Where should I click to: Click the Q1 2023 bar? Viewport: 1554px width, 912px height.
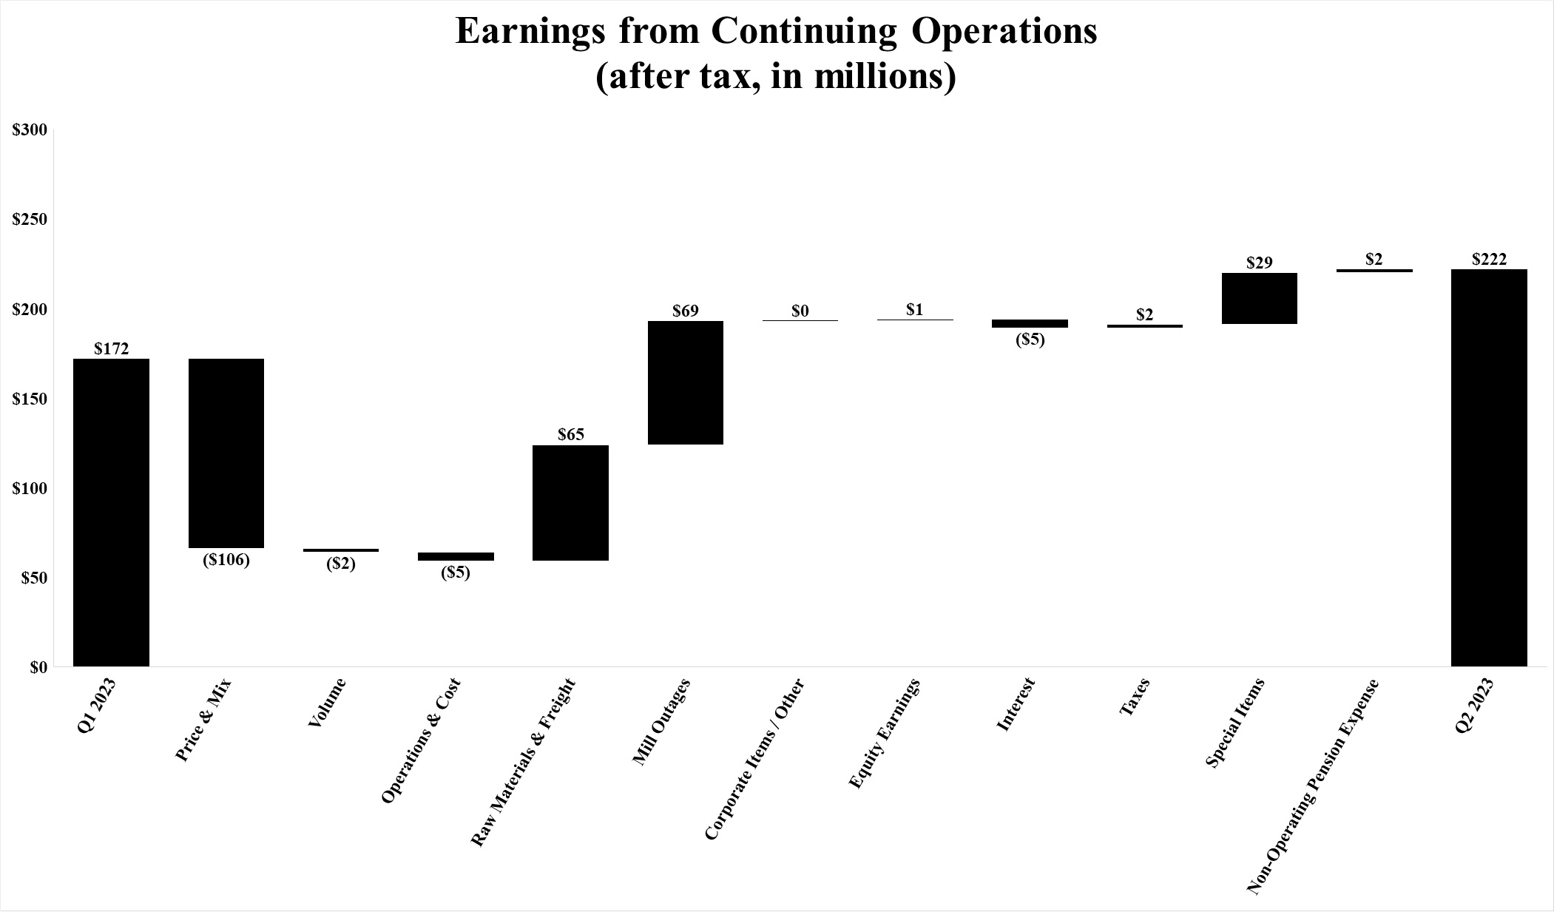pyautogui.click(x=111, y=512)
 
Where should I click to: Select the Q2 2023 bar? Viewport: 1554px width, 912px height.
pyautogui.click(x=1488, y=467)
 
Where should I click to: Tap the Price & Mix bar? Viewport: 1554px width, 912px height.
pyautogui.click(x=226, y=453)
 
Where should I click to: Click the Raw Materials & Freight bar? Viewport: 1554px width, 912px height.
pyautogui.click(x=570, y=502)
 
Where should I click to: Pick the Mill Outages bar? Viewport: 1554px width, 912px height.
pyautogui.click(x=685, y=382)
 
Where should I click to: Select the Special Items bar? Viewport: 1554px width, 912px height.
pyautogui.click(x=1259, y=298)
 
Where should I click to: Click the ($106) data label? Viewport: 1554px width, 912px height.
pyautogui.click(x=226, y=560)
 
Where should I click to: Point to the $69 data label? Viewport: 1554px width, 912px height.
pyautogui.click(x=685, y=311)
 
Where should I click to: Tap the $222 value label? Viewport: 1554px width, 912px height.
pyautogui.click(x=1488, y=259)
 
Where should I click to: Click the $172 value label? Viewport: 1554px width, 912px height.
pyautogui.click(x=111, y=348)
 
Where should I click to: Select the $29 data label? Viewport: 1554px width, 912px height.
pyautogui.click(x=1259, y=263)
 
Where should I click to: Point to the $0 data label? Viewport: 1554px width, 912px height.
pyautogui.click(x=800, y=311)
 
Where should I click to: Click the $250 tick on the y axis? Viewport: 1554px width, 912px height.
pyautogui.click(x=30, y=220)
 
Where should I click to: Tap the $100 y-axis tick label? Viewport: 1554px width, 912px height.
pyautogui.click(x=30, y=488)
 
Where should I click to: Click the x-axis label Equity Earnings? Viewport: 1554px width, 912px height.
pyautogui.click(x=885, y=733)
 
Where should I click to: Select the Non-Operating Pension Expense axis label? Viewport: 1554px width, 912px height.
pyautogui.click(x=1312, y=787)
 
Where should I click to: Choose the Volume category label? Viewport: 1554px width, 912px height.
pyautogui.click(x=326, y=703)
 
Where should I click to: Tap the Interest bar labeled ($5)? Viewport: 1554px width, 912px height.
pyautogui.click(x=1030, y=323)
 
